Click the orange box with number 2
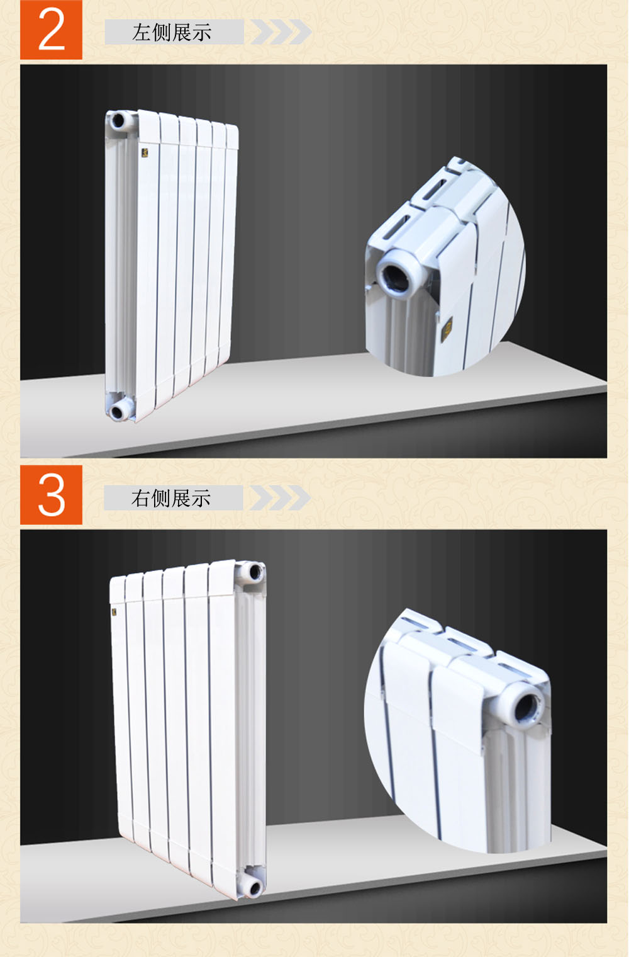[x=51, y=30]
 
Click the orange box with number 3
[x=51, y=495]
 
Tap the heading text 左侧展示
[x=172, y=33]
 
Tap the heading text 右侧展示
[x=171, y=498]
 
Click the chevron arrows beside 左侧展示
[x=281, y=31]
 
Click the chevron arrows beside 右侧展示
[x=280, y=497]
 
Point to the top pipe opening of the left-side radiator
[x=118, y=121]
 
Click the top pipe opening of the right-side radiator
[x=255, y=572]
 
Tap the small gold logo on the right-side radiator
[x=114, y=612]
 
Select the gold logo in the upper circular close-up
[x=447, y=328]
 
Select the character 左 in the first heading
[x=142, y=33]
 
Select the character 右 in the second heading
[x=141, y=499]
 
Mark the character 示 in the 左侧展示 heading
[x=201, y=33]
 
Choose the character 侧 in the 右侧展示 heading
[x=161, y=499]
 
